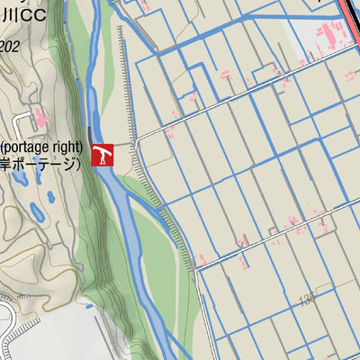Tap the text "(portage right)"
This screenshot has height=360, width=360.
42,147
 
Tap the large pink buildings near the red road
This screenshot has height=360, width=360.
329,37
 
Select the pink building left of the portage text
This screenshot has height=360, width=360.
39,118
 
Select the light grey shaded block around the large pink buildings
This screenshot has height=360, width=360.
306,40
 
